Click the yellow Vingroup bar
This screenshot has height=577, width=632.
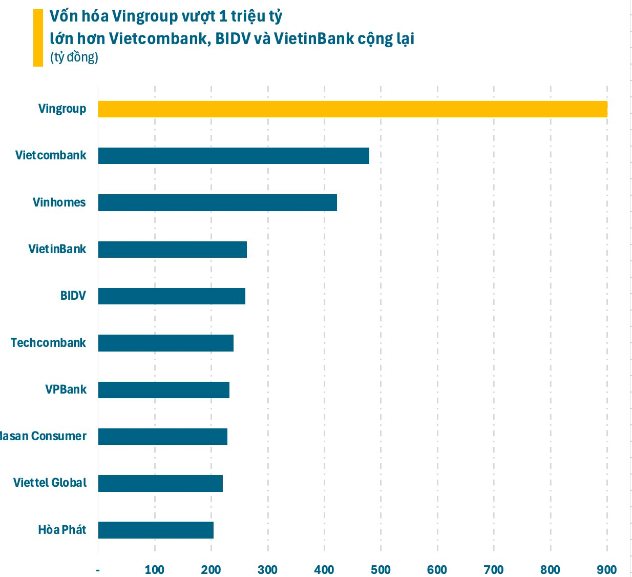(352, 109)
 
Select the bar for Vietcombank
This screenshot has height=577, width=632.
(234, 156)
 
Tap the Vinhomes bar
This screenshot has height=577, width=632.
(217, 203)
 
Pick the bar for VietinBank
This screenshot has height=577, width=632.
(172, 250)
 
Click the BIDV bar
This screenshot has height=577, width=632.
(172, 296)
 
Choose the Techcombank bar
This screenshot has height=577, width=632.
(165, 343)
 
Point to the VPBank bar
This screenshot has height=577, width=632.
(163, 390)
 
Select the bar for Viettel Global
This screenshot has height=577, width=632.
(160, 483)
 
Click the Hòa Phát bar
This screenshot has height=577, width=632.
(156, 530)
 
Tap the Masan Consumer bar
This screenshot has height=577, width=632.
(162, 437)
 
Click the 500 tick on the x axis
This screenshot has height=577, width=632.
(381, 570)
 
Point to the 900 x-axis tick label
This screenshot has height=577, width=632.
(607, 570)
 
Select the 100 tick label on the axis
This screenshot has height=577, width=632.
(154, 570)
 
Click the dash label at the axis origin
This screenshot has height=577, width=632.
(98, 570)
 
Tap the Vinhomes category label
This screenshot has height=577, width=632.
(59, 202)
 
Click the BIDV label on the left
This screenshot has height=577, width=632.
(73, 296)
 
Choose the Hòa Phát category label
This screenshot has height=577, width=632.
(62, 530)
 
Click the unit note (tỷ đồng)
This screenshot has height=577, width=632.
(74, 57)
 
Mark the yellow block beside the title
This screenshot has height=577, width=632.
(38, 38)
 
